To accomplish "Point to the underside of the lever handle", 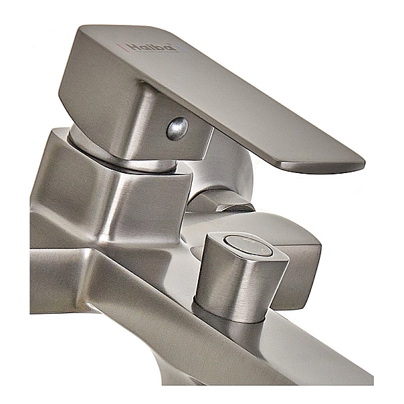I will coord(269,145).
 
